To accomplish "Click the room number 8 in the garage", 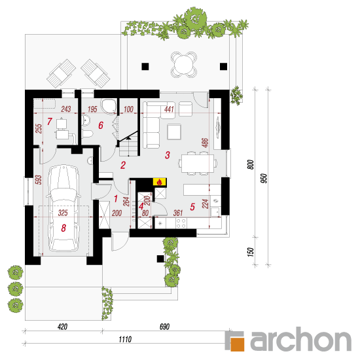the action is [x=63, y=228].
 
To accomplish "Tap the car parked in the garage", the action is [x=63, y=208].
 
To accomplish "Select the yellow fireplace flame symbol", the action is [x=160, y=182].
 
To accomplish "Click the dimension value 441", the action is [x=169, y=109].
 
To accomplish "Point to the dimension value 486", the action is [x=206, y=142].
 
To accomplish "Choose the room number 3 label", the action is [x=168, y=155].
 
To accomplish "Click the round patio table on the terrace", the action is [x=184, y=65].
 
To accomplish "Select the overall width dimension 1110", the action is [x=125, y=339].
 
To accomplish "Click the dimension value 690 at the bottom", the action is [x=164, y=327].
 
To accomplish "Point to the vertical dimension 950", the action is [x=264, y=179].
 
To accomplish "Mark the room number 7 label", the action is [x=49, y=122].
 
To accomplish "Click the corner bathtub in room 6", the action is [x=109, y=107].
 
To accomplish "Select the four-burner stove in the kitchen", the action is [x=181, y=223].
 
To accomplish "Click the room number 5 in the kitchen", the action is [x=192, y=207].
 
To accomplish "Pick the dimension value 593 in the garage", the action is [x=39, y=180].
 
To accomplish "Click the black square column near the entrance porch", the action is [x=160, y=259].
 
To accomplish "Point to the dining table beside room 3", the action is [x=198, y=163].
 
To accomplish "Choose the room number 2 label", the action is [x=123, y=165].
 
